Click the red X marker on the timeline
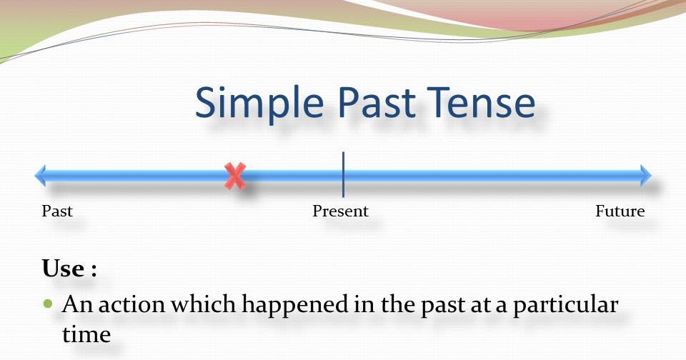(x=235, y=176)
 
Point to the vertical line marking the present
(x=343, y=174)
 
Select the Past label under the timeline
(x=57, y=211)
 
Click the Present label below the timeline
(x=341, y=211)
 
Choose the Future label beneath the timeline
(x=620, y=211)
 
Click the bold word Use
(x=64, y=269)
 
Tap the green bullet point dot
(x=49, y=304)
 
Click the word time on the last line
(x=86, y=334)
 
